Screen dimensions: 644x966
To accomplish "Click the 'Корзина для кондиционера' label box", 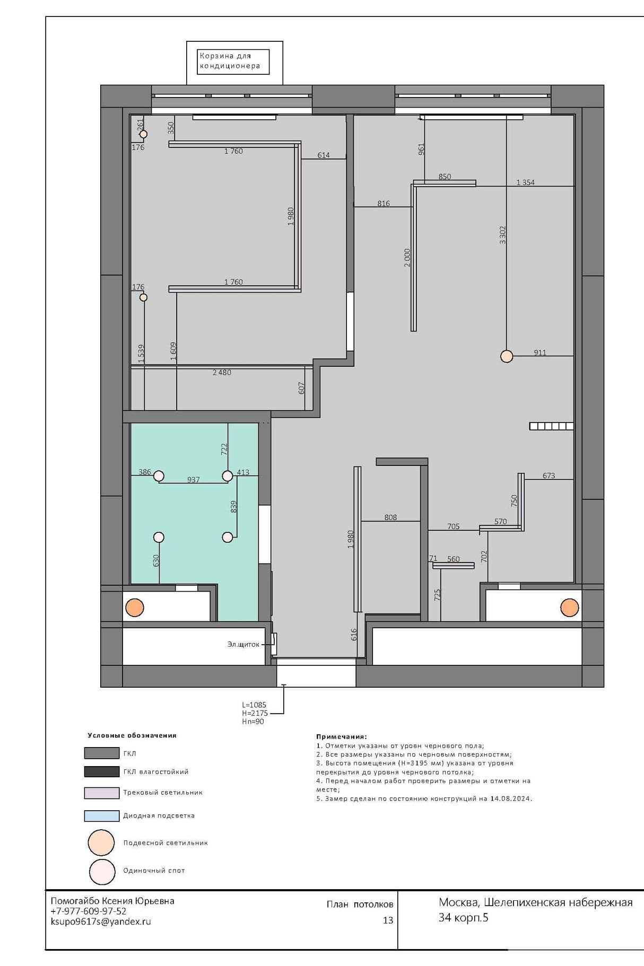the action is (x=233, y=62).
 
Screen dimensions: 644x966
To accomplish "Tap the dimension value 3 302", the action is (x=503, y=235).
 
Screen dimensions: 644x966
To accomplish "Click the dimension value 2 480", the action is (x=222, y=373).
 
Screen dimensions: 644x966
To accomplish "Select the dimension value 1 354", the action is (x=526, y=182).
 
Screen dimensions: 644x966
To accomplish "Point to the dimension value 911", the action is (x=540, y=353).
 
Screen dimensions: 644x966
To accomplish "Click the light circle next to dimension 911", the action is (x=507, y=356).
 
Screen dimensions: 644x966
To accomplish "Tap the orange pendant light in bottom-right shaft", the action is (x=569, y=608).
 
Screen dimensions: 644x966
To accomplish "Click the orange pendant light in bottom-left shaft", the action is (x=135, y=608).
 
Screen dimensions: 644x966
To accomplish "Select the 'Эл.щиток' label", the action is (x=243, y=645).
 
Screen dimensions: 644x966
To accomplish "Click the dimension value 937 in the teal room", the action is (x=194, y=480).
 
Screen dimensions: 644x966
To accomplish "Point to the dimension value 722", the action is (x=224, y=449).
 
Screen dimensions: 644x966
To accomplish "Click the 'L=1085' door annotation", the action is (x=254, y=705).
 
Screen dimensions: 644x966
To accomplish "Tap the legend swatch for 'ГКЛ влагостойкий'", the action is (x=102, y=772).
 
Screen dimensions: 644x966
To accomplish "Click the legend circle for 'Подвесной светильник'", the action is (x=101, y=842).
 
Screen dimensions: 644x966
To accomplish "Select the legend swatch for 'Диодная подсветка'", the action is (x=102, y=816).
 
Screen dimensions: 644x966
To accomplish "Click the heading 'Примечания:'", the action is (x=342, y=736).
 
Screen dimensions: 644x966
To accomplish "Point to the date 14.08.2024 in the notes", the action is (x=511, y=798).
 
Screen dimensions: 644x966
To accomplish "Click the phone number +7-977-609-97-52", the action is (x=89, y=911).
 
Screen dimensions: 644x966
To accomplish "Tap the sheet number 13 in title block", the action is (x=388, y=920).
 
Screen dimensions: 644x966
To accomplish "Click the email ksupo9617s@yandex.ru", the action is (x=101, y=921).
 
